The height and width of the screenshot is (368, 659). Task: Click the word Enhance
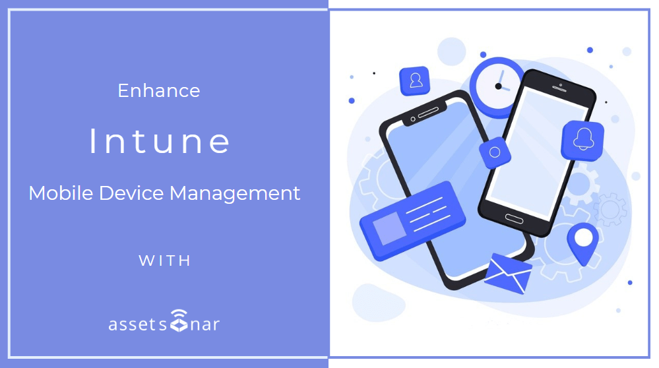tap(159, 90)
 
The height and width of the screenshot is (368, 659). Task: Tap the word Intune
tap(160, 141)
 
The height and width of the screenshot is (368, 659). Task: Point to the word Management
tap(235, 193)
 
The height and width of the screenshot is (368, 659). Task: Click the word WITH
tap(165, 261)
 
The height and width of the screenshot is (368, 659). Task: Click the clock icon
tap(497, 84)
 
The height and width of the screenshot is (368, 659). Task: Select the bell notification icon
tap(582, 140)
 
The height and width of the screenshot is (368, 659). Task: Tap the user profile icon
tap(415, 80)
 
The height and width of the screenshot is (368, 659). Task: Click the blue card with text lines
tap(412, 220)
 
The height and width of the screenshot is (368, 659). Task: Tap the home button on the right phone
tap(513, 218)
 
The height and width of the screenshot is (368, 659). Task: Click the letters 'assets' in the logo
tap(137, 324)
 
